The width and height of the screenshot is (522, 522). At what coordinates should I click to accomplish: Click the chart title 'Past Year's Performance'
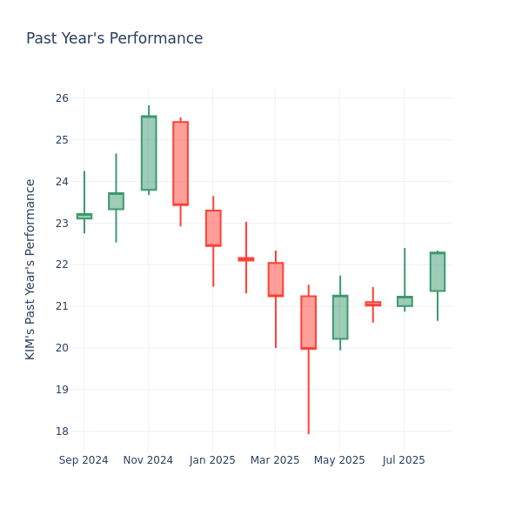tap(114, 39)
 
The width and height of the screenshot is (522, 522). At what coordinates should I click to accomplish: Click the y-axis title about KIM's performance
tap(31, 269)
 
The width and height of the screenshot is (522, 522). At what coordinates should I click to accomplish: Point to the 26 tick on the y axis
tap(62, 98)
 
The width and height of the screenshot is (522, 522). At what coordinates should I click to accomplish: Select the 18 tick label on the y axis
tap(62, 432)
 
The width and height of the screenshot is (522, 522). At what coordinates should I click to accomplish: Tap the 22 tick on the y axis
tap(62, 264)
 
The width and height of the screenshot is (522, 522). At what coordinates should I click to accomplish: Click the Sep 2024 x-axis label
tap(84, 460)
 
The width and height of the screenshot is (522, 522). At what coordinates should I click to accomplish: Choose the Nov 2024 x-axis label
tap(148, 460)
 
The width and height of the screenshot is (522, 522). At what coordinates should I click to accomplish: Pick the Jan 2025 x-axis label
tap(212, 460)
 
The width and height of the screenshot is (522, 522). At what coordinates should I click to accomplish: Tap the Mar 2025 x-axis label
tap(275, 460)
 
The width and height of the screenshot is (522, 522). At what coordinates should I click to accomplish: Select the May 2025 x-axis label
tap(339, 460)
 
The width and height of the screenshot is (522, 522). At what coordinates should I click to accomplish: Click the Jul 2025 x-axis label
tap(404, 460)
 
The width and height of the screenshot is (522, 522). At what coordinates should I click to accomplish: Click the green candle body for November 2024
tap(149, 153)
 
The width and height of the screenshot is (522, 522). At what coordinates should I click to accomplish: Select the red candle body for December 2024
tap(180, 164)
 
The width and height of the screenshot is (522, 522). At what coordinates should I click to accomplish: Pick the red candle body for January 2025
tap(213, 228)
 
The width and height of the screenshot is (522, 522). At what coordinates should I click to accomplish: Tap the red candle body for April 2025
tap(308, 322)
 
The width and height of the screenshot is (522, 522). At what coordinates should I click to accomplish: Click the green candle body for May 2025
tap(340, 317)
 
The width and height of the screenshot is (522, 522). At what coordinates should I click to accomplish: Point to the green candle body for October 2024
tap(116, 201)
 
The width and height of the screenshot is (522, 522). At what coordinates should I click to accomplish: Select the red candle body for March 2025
tap(276, 279)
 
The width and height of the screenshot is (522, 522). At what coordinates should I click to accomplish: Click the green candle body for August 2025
tap(438, 271)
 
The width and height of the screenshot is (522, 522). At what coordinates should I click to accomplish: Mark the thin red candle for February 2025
tap(246, 259)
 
